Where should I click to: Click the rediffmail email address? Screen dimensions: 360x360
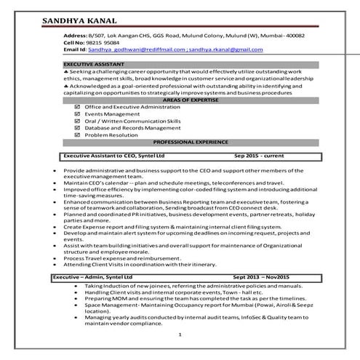click(x=143, y=49)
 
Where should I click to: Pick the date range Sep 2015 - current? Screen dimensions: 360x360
click(x=259, y=156)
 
